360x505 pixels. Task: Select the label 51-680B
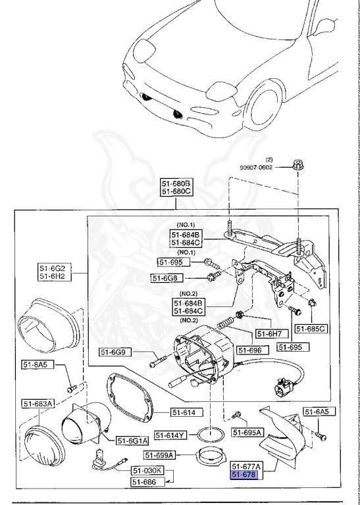pyautogui.click(x=176, y=183)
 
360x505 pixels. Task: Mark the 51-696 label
pyautogui.click(x=250, y=350)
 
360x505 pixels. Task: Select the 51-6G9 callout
pyautogui.click(x=116, y=352)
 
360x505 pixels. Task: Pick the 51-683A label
pyautogui.click(x=38, y=403)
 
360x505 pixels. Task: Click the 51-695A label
pyautogui.click(x=247, y=432)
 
